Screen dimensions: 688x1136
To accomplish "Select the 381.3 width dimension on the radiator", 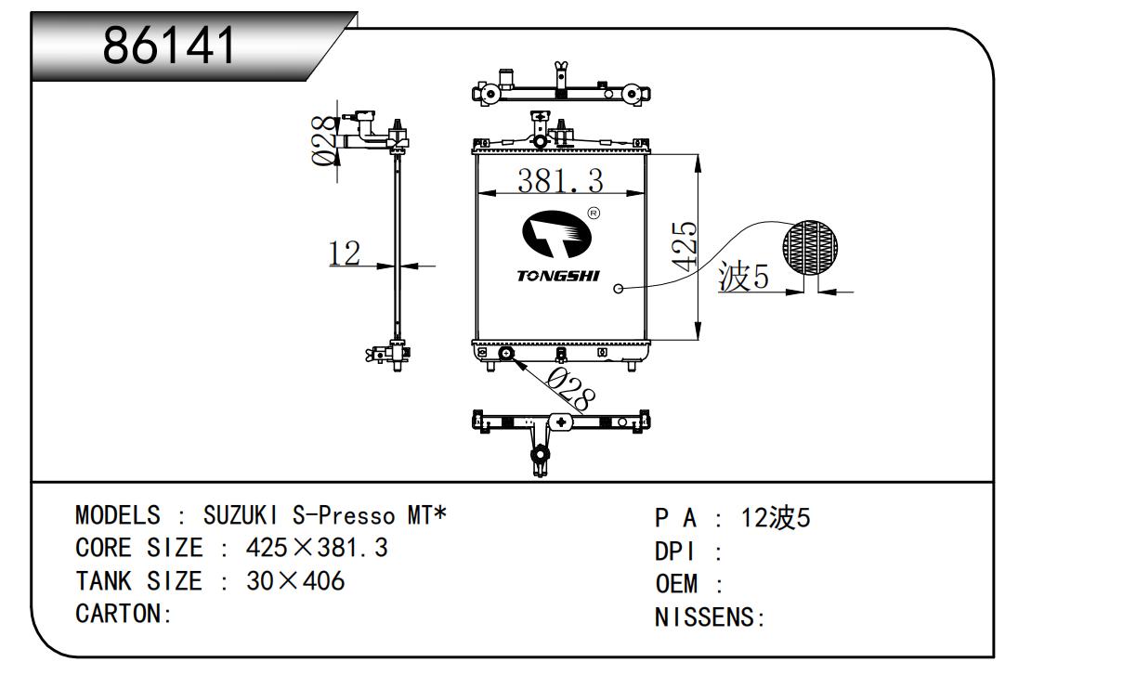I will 559,180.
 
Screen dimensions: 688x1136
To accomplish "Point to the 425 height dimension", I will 685,245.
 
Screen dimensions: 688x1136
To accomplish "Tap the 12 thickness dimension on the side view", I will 345,253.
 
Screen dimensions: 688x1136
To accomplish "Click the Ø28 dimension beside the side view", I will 324,140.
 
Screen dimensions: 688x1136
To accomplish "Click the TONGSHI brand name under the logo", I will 558,276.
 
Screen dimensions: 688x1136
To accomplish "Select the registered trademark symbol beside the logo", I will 594,213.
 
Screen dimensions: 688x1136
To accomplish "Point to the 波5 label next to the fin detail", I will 744,278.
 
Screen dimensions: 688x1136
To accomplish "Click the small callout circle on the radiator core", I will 619,289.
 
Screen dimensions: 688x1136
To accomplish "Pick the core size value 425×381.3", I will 316,548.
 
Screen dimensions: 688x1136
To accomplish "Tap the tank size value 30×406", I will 294,581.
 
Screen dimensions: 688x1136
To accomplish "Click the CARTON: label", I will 124,615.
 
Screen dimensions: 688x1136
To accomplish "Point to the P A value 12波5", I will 776,518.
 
